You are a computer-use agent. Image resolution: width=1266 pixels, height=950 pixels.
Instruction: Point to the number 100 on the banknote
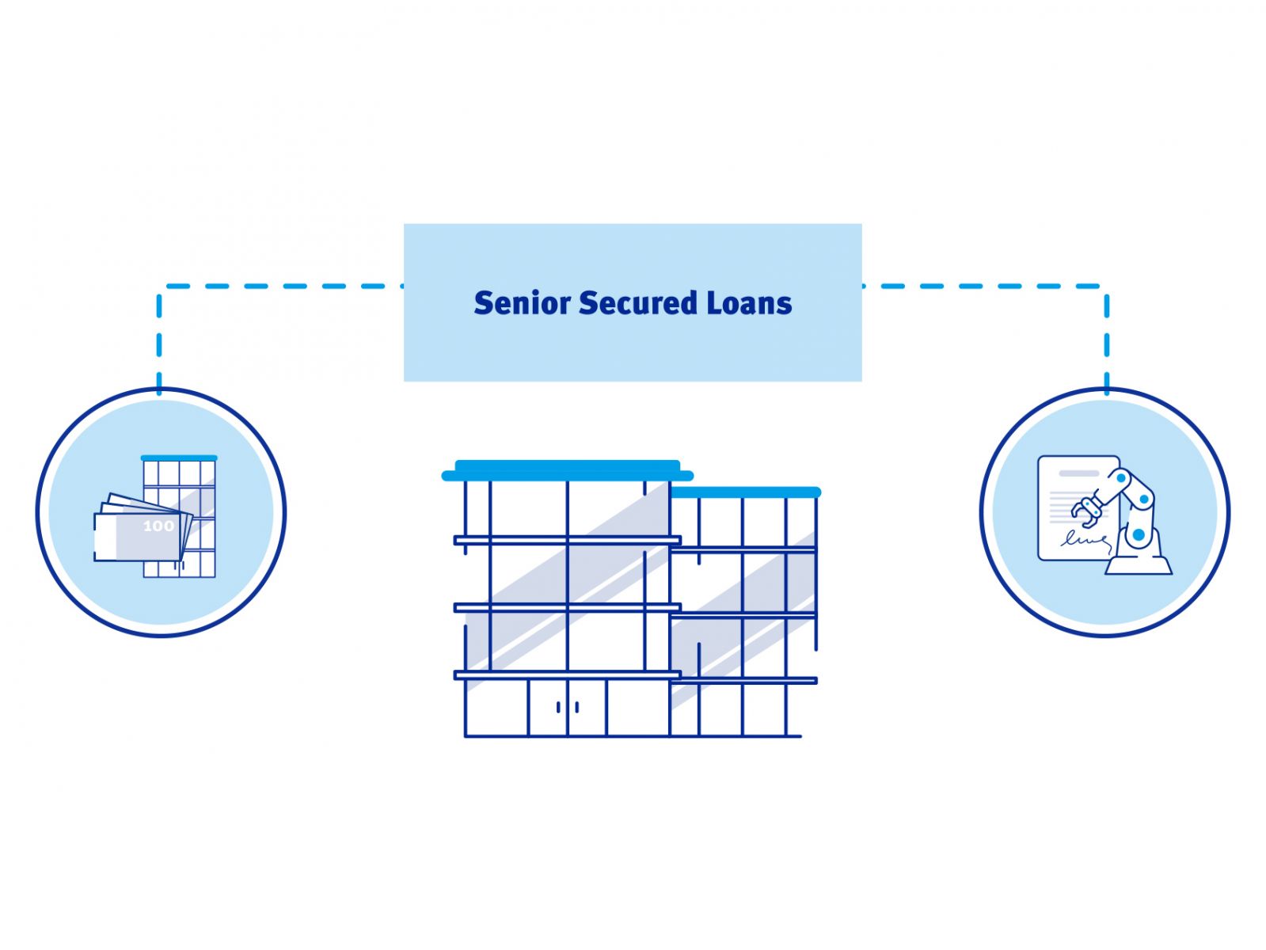158,526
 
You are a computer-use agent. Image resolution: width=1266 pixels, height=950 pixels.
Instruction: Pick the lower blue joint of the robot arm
1138,535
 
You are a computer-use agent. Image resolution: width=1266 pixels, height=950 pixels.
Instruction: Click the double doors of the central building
568,707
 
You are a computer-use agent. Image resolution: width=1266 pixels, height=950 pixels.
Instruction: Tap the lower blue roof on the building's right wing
744,492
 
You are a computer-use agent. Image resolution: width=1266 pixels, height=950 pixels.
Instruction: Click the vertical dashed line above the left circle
159,340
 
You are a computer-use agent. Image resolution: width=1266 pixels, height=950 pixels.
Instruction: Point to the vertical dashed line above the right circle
1106,340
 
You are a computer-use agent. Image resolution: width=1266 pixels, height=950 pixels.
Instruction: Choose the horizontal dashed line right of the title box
982,286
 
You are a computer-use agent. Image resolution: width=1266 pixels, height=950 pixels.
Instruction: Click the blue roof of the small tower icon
179,458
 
